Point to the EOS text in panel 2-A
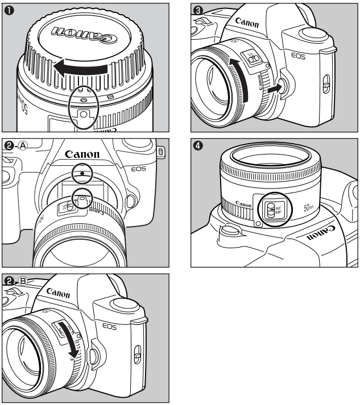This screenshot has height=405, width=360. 138,168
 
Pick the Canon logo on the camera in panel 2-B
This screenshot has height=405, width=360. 59,293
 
